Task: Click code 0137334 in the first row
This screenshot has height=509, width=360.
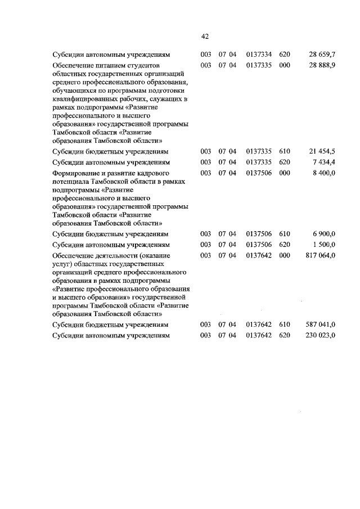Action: click(x=259, y=55)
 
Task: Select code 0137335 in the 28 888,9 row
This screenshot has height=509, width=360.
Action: click(x=259, y=66)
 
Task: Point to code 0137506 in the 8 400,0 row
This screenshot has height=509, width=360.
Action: click(x=259, y=173)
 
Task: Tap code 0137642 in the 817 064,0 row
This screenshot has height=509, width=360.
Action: click(x=259, y=255)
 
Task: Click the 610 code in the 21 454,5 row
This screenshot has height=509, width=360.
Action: click(x=284, y=152)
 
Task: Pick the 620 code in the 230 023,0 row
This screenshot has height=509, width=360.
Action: click(x=284, y=336)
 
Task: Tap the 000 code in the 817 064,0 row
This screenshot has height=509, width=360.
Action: click(x=284, y=255)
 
